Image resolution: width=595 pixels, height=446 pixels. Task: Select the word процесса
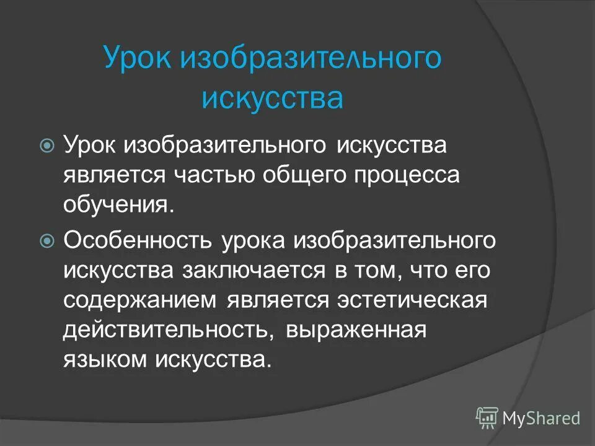[x=407, y=176]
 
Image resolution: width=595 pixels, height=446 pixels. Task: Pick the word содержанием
[x=140, y=300]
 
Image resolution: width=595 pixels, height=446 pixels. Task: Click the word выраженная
[x=356, y=330]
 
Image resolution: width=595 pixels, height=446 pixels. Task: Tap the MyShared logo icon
[x=487, y=418]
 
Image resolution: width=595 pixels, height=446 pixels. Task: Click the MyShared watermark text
[x=542, y=419]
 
